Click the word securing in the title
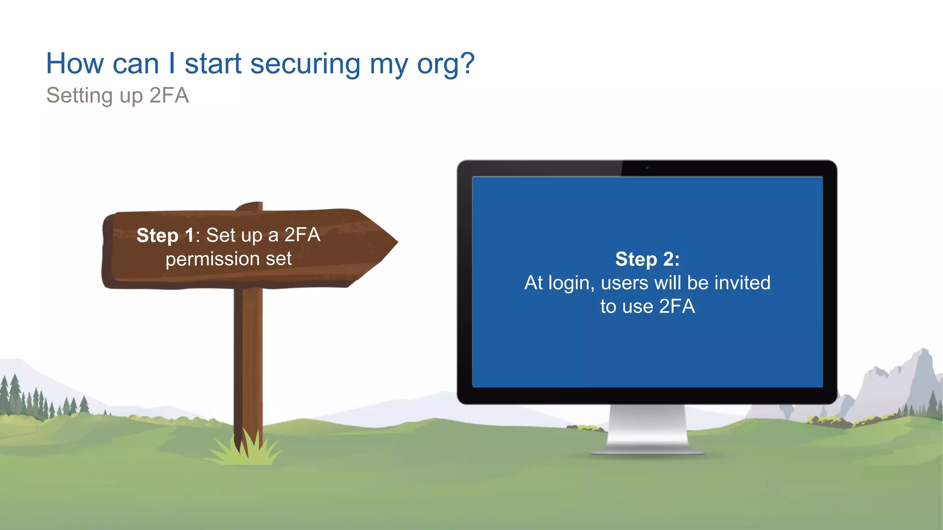click(305, 64)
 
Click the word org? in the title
click(445, 64)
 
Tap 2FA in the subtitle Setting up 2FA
click(169, 96)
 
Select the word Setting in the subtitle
click(79, 96)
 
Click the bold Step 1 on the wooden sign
click(165, 236)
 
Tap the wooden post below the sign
click(249, 359)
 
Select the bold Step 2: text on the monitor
click(647, 259)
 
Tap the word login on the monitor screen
click(569, 283)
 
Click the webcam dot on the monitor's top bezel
click(647, 167)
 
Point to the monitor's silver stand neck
click(647, 423)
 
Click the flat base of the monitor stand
click(647, 451)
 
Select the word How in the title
click(75, 63)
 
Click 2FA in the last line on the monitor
click(677, 306)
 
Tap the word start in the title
click(213, 64)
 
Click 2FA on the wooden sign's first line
click(302, 235)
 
